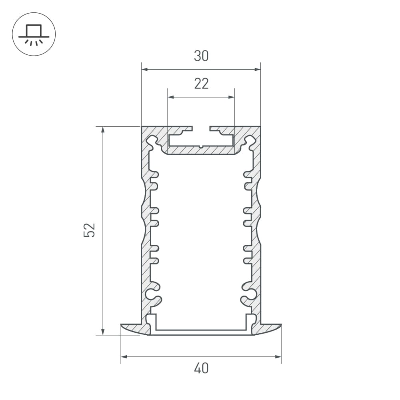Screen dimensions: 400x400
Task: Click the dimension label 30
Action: (201, 56)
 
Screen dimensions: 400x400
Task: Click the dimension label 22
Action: (201, 84)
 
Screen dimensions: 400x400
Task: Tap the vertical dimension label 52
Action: (89, 230)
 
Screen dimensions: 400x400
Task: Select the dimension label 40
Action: (201, 368)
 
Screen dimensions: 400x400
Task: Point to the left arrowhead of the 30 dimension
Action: (145, 69)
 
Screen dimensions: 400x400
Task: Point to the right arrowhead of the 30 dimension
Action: (257, 69)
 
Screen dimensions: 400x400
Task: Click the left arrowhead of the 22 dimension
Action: (171, 97)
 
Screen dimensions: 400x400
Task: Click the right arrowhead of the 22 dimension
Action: (231, 97)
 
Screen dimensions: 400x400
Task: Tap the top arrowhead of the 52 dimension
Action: (103, 130)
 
